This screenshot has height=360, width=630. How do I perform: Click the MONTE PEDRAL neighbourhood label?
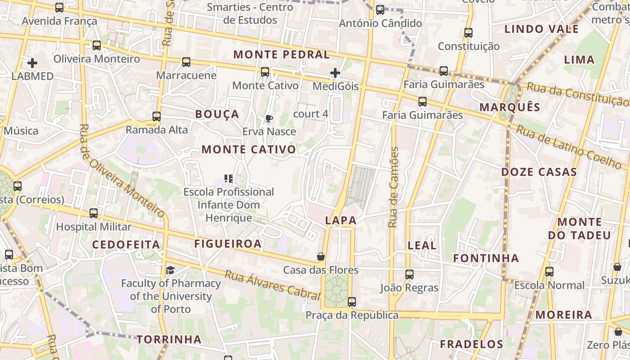(x=281, y=54)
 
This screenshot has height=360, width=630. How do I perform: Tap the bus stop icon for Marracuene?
(x=186, y=62)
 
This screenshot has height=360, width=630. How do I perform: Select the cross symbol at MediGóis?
(x=335, y=73)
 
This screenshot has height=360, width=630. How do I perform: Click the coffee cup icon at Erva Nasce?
(x=269, y=119)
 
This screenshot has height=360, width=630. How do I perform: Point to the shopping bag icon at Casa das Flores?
(x=321, y=257)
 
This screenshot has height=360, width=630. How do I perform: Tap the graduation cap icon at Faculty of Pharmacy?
(x=171, y=270)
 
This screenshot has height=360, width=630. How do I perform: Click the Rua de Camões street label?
(x=394, y=187)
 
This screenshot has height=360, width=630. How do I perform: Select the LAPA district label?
(x=341, y=220)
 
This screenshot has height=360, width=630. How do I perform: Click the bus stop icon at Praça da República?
(x=352, y=302)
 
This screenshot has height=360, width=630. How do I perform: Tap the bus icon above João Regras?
(x=409, y=274)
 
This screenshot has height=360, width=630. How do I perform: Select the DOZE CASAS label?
(x=539, y=172)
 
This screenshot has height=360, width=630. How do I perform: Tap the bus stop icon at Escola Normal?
(x=549, y=272)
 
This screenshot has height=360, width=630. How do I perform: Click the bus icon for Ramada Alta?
(x=157, y=117)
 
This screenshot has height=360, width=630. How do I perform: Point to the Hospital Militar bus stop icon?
(x=94, y=213)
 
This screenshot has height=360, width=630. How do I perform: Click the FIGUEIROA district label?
(x=228, y=244)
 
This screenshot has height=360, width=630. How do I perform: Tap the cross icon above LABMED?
(x=32, y=63)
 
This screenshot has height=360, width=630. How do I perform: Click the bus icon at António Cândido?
(x=380, y=10)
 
